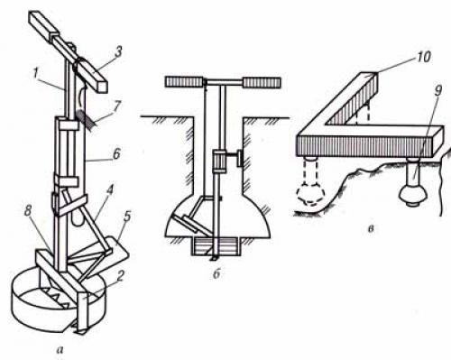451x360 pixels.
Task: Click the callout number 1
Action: (37, 74)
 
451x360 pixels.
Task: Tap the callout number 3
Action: (118, 51)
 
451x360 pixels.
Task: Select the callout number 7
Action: (116, 106)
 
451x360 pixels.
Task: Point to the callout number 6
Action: (116, 154)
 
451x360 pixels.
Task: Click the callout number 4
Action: (110, 191)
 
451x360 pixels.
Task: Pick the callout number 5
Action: (127, 217)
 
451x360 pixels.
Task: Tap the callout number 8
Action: (28, 211)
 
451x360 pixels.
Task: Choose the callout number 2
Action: (120, 276)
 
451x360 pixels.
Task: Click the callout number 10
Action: (424, 57)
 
